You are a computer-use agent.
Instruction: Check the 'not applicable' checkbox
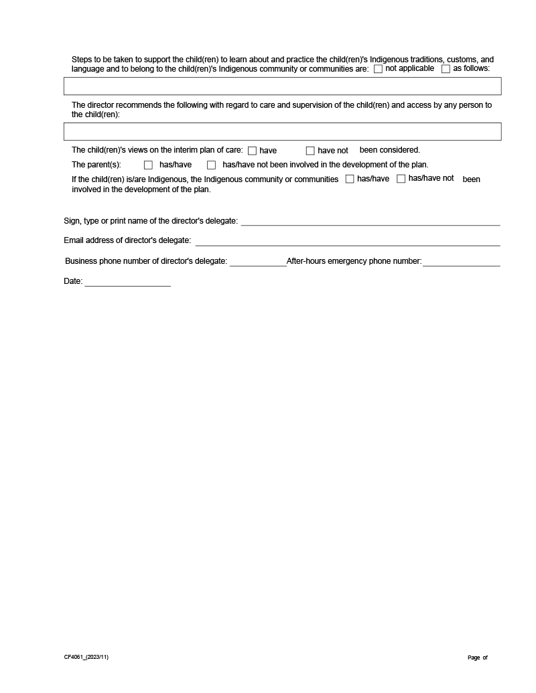coord(379,69)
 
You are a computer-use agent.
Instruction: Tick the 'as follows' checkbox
coord(446,69)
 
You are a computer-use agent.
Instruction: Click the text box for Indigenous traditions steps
coord(282,86)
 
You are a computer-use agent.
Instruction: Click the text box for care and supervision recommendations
coord(282,131)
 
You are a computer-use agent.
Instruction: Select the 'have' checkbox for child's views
coord(253,151)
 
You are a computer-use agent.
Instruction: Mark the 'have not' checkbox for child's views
coord(310,151)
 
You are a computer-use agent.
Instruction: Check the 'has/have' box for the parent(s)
coord(149,165)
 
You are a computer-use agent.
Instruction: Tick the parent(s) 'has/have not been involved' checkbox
coord(212,165)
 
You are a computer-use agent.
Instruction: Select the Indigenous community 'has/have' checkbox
coord(350,179)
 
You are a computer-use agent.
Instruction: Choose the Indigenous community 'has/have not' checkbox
coord(401,179)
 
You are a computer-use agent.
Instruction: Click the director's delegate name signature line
coord(371,222)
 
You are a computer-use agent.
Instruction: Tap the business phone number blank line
coord(258,262)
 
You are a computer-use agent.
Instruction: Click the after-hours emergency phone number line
coord(461,262)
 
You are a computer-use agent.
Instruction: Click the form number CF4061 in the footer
coord(86,657)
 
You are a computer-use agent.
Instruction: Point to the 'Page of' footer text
coord(478,658)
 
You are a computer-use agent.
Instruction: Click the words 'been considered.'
coord(390,150)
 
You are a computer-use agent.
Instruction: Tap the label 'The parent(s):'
coord(96,165)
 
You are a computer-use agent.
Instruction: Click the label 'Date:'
coord(73,282)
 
